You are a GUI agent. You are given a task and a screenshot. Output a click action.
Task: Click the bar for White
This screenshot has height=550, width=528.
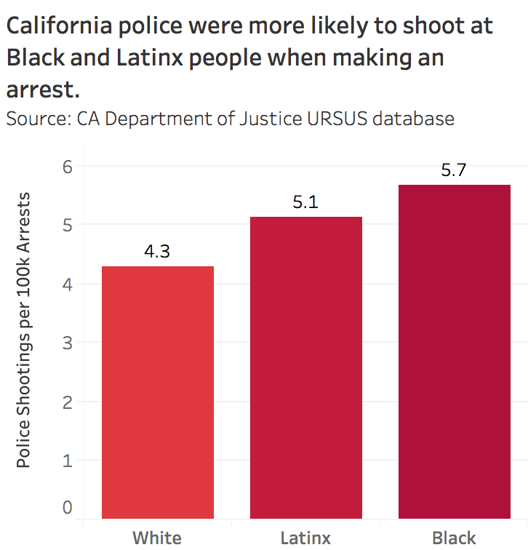(158, 393)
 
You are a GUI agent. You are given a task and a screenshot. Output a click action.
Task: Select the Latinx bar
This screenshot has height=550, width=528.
(306, 368)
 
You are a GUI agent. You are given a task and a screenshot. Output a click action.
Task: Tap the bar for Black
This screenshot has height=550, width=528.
(454, 352)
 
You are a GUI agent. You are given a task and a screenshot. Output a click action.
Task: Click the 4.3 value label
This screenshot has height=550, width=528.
(157, 252)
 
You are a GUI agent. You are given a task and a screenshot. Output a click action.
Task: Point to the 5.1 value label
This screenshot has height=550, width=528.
(305, 202)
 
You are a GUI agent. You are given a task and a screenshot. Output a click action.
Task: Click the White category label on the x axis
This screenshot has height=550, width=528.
(157, 538)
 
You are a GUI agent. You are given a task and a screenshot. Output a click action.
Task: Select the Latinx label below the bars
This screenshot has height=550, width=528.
(305, 538)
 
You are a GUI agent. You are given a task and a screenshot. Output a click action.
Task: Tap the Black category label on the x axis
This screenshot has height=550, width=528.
(454, 538)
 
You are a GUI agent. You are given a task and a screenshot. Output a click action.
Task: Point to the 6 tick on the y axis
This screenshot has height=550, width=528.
(68, 166)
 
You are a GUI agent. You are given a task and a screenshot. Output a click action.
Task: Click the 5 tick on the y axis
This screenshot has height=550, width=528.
(68, 225)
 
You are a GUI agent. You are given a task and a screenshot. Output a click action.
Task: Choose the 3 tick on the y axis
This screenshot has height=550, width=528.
(68, 342)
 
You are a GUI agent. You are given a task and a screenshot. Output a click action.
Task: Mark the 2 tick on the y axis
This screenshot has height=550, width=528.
(68, 401)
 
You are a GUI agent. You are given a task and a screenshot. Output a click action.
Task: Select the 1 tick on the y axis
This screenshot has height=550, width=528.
(68, 460)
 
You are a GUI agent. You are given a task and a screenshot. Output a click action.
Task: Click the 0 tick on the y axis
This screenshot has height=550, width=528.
(68, 507)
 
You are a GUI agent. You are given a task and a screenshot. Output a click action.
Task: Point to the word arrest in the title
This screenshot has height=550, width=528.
(40, 90)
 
